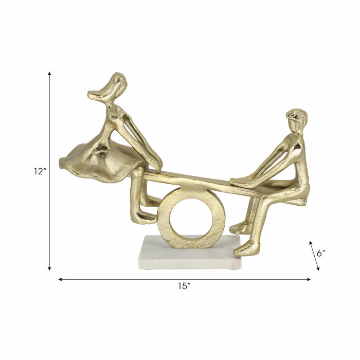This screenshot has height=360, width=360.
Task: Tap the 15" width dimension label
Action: [184, 287]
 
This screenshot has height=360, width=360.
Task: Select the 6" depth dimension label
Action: [322, 253]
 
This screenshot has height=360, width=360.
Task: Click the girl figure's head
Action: [115, 85]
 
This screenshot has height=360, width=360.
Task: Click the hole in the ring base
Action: [191, 216]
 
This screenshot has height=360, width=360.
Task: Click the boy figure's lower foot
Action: [246, 249]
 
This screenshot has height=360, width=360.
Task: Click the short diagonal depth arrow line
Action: [314, 255]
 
